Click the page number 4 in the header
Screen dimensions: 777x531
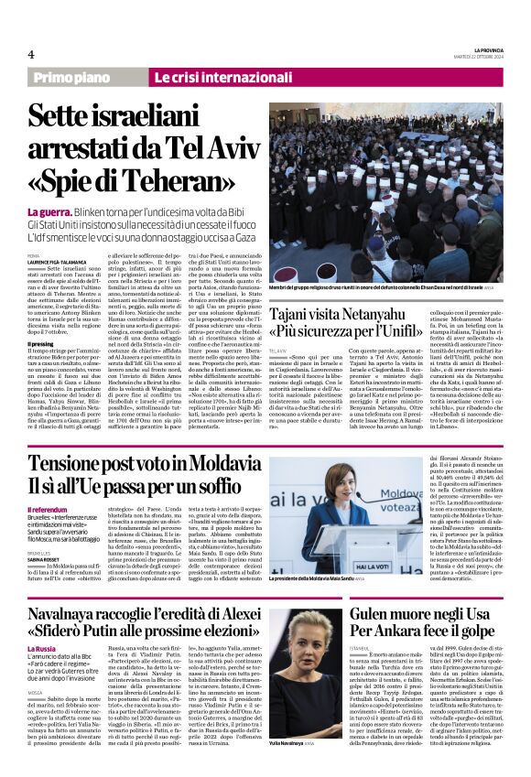(30, 54)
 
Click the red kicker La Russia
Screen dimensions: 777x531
(41, 649)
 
